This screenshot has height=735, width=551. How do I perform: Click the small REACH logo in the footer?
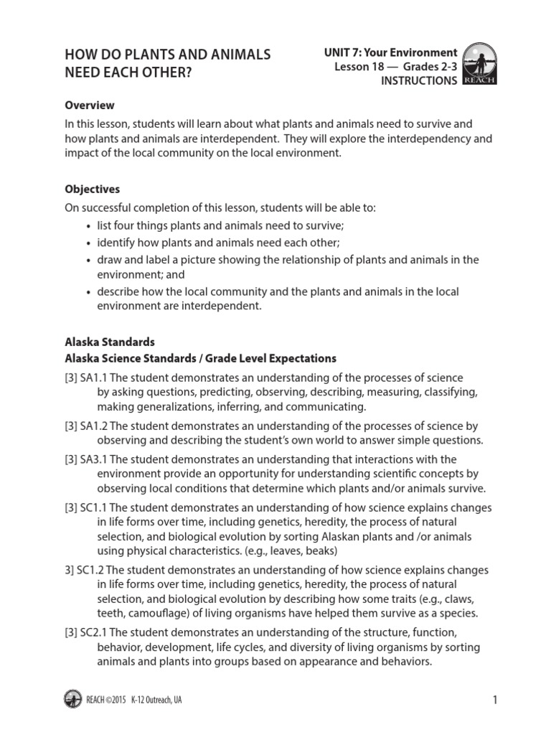tap(72, 699)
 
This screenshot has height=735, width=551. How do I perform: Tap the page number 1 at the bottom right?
tap(494, 700)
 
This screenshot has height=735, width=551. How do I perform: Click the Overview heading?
tap(90, 105)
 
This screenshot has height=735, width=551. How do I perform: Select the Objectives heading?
tap(93, 189)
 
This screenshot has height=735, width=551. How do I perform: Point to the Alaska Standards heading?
tap(110, 342)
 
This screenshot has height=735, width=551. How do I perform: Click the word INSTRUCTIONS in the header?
tap(418, 81)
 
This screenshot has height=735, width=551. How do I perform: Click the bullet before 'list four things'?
tap(88, 225)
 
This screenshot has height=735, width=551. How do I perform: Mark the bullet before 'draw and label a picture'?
tap(88, 260)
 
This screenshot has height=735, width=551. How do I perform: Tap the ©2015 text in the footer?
tap(117, 700)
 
